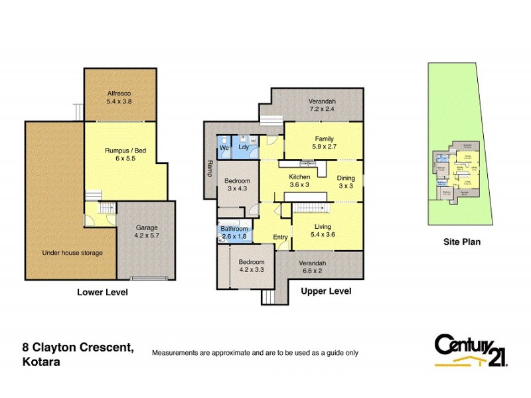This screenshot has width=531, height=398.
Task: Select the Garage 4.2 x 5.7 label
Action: pyautogui.click(x=147, y=232)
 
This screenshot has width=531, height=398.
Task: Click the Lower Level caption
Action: pyautogui.click(x=102, y=293)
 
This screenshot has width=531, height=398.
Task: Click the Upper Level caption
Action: pyautogui.click(x=326, y=291)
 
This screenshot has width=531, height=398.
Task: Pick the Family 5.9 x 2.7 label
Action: pyautogui.click(x=324, y=143)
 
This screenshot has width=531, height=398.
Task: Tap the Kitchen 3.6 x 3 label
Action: pyautogui.click(x=299, y=180)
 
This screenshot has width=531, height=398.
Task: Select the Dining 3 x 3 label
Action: pyautogui.click(x=346, y=182)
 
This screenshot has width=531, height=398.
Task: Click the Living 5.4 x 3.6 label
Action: pyautogui.click(x=323, y=230)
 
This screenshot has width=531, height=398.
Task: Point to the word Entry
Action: pyautogui.click(x=281, y=237)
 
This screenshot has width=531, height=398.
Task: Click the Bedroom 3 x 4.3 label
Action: pyautogui.click(x=237, y=185)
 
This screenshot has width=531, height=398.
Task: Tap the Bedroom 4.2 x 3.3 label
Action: pyautogui.click(x=252, y=266)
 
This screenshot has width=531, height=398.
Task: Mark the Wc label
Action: pyautogui.click(x=224, y=148)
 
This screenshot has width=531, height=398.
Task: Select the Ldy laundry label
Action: pyautogui.click(x=244, y=148)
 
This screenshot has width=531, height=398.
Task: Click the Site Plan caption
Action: pyautogui.click(x=462, y=242)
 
